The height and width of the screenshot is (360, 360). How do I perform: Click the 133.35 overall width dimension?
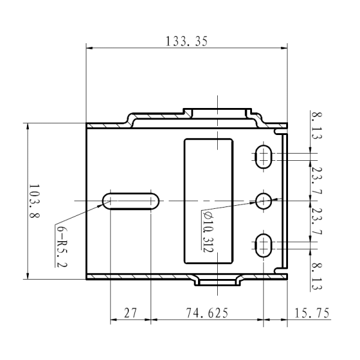186,41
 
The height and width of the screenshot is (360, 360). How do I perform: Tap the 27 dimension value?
130,313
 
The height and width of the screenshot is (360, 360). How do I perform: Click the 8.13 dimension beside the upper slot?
316,125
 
